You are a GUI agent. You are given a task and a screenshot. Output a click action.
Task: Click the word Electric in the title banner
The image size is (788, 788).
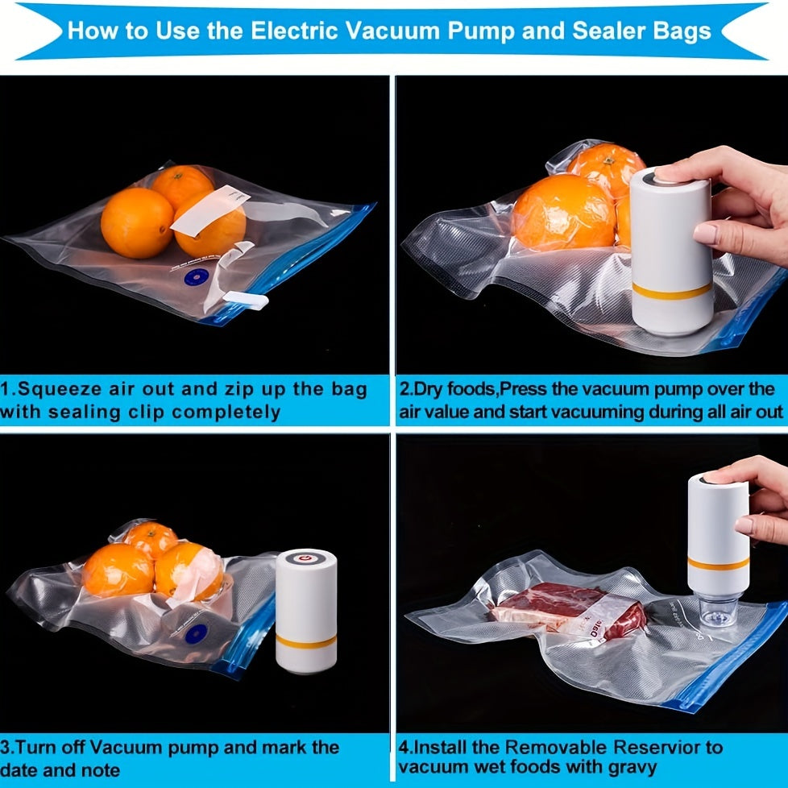click(294, 31)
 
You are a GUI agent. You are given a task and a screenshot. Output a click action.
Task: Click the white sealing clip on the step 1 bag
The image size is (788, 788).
click(246, 300)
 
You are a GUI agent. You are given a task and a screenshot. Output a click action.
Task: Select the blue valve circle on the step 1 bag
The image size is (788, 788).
click(196, 277)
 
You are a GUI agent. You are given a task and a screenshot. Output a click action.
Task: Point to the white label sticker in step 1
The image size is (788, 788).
click(210, 209)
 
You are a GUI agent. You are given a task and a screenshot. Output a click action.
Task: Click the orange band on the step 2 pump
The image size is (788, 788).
click(672, 292)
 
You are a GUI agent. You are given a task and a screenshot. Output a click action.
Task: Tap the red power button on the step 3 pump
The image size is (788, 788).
click(305, 558)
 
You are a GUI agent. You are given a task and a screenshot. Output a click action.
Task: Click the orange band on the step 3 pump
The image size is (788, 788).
click(306, 641)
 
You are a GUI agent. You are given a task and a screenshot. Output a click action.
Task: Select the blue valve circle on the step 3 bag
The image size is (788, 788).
click(197, 634)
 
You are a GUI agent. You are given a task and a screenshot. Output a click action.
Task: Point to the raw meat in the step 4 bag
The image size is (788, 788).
click(568, 610)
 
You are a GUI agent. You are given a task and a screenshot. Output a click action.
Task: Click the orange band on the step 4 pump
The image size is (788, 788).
click(719, 564)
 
